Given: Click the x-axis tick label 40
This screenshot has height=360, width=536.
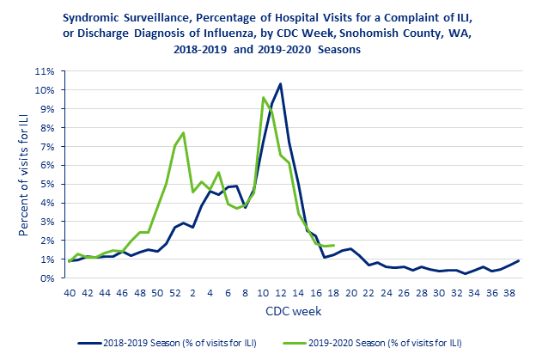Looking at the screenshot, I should pos(69,293).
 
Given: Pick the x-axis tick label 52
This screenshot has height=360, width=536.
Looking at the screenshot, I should pos(175,293).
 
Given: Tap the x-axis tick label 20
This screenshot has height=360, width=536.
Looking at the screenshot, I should pos(350,293).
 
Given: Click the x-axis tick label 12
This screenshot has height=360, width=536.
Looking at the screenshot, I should pos(280,293).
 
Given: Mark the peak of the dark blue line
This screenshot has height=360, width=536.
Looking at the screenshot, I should pos(280,83).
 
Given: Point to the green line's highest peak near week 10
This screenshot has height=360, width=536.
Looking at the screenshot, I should pos(263,97).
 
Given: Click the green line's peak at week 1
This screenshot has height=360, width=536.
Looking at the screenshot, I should pos(184,132).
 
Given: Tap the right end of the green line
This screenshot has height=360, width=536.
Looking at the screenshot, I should pos(333,245).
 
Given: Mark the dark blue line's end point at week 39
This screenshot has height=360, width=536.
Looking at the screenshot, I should pos(518,260).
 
